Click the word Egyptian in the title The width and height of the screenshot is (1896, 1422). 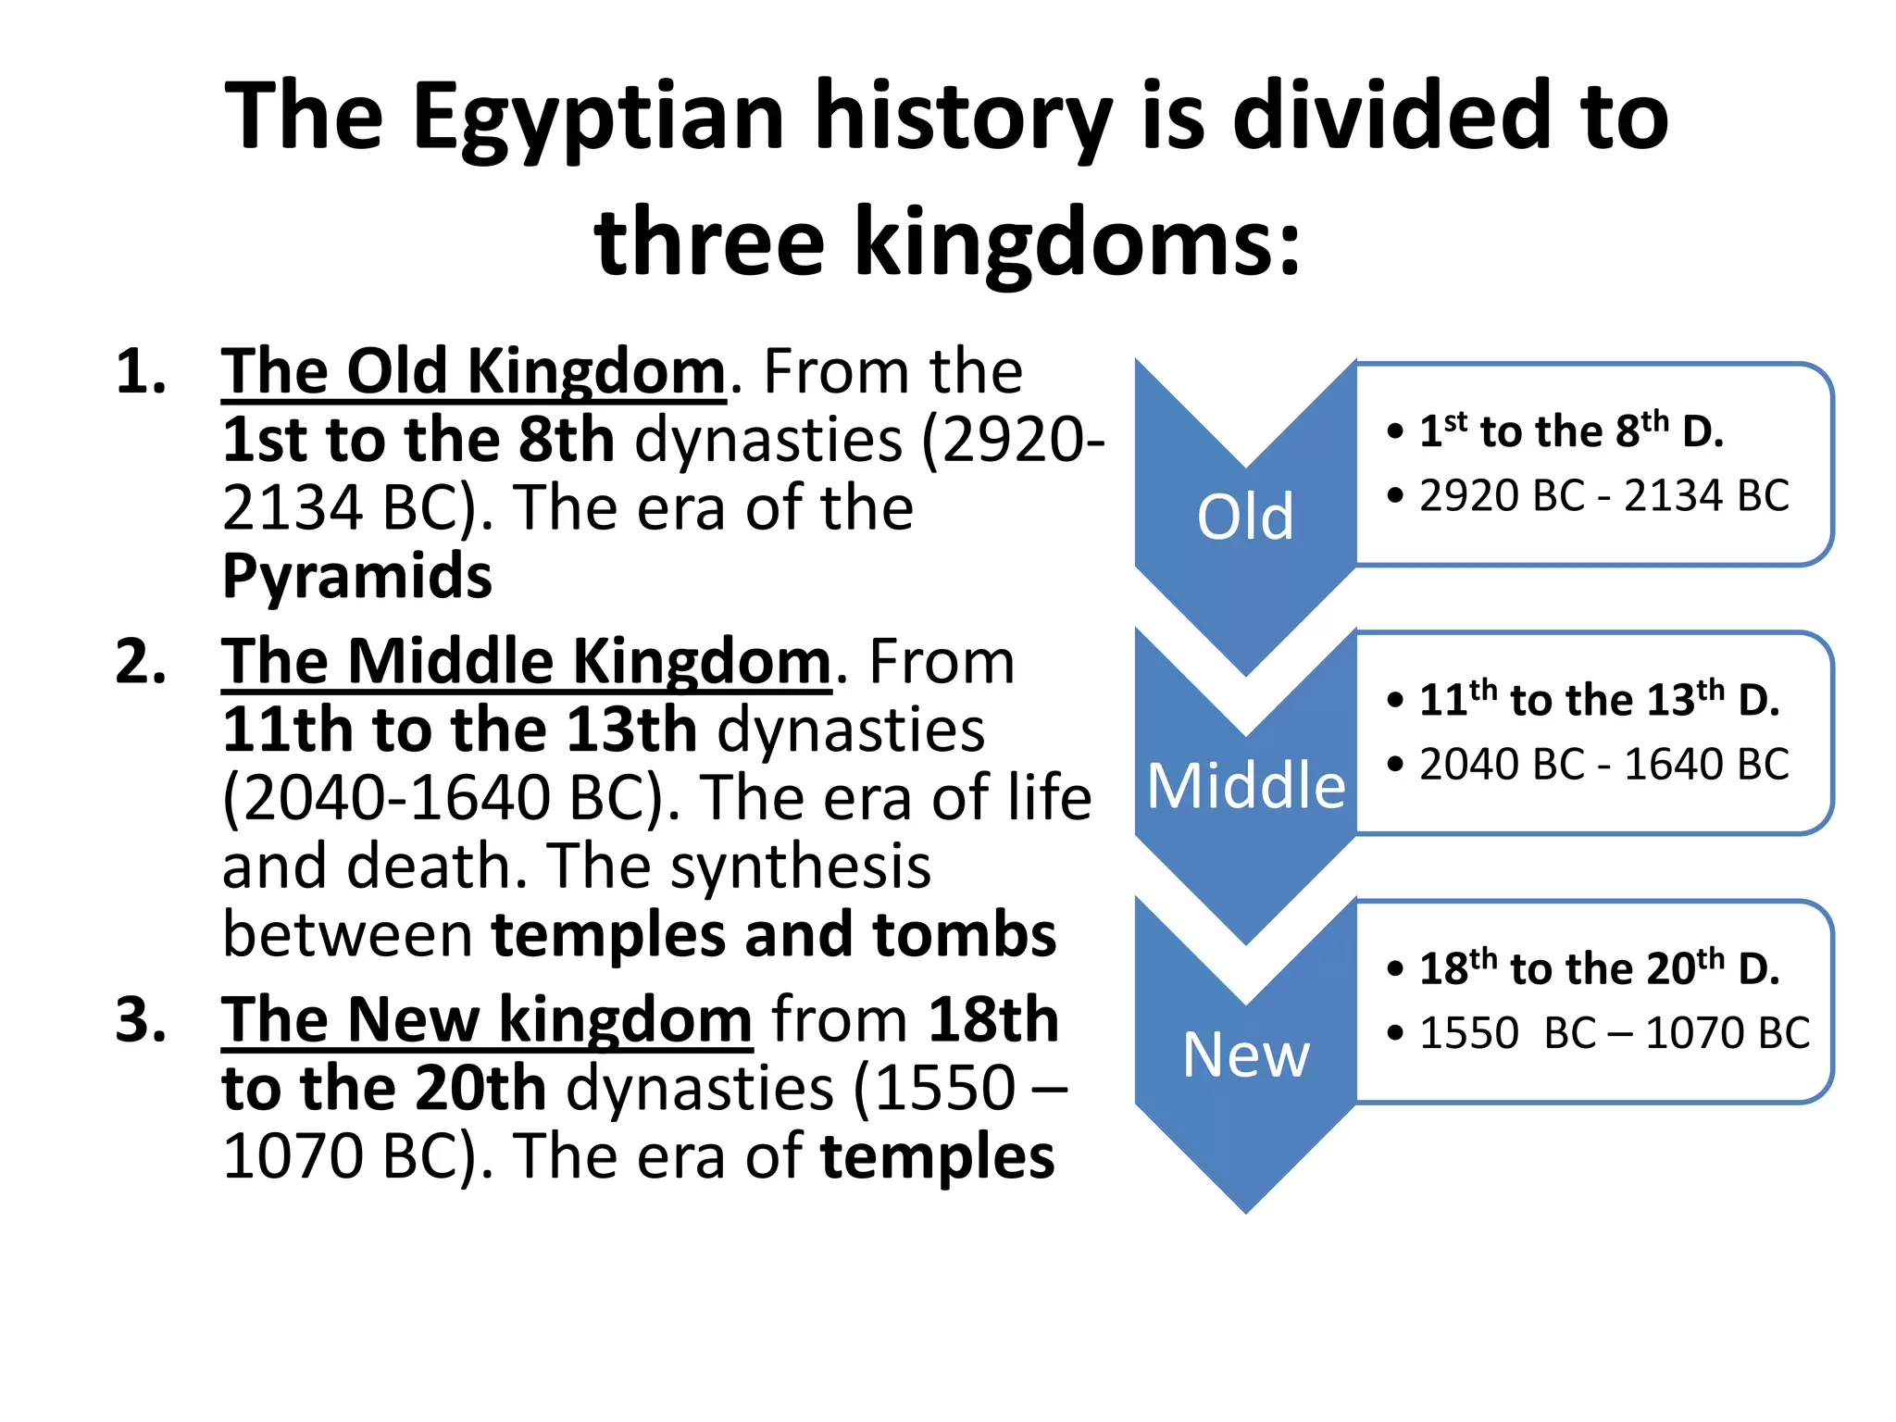point(598,118)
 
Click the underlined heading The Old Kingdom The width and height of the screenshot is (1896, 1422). point(473,372)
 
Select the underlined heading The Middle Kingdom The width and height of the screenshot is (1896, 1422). point(526,663)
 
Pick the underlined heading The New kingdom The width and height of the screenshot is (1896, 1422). point(487,1020)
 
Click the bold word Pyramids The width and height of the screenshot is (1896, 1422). point(357,577)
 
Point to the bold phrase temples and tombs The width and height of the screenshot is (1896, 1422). point(774,934)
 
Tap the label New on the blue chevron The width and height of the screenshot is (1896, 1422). point(1245,1054)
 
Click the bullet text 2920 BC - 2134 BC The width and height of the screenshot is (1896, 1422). point(1603,496)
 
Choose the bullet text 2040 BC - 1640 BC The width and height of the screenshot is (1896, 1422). point(1603,765)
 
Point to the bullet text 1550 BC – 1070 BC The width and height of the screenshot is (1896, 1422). point(1614,1033)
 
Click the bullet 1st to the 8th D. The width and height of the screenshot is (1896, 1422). point(1571,430)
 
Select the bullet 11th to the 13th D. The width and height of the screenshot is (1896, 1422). point(1599,699)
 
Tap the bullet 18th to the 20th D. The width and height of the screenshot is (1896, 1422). point(1599,968)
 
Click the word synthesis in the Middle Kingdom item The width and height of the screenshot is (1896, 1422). point(800,867)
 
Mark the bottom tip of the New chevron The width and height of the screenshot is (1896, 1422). point(1246,1210)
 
